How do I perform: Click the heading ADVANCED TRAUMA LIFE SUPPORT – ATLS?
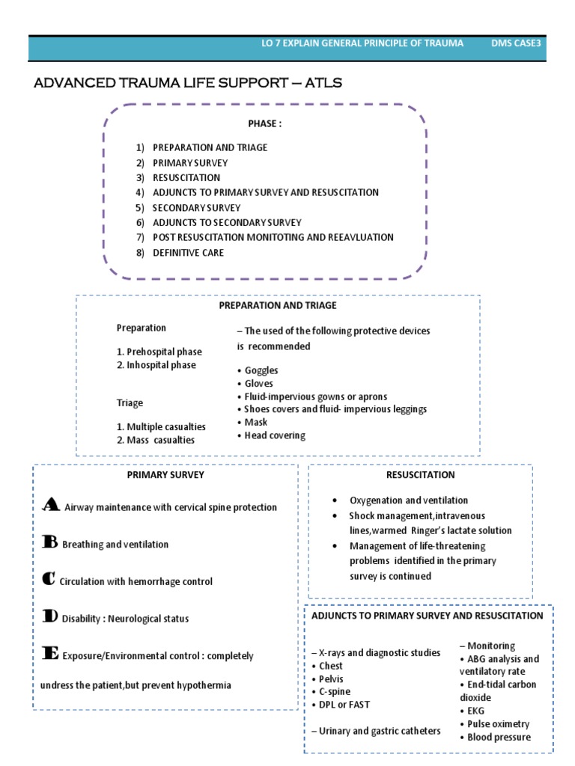pos(188,83)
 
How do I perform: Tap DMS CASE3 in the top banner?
pos(515,43)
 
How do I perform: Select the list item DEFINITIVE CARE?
pos(188,253)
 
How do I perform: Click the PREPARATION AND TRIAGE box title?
pos(277,305)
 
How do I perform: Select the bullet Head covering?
pos(275,435)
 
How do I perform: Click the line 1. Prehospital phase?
pos(159,352)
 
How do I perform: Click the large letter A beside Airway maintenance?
pos(50,505)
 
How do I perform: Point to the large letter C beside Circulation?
pos(49,579)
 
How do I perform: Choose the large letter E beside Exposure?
pos(50,653)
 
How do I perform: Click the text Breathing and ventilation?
pos(115,545)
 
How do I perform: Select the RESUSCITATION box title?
pos(420,475)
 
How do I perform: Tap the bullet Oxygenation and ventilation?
pos(408,500)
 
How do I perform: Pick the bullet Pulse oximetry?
pos(498,724)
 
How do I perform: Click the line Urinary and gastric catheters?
pos(376,731)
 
